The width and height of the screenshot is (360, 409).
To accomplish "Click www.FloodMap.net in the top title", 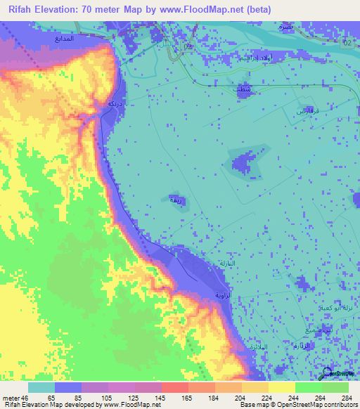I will (x=211, y=8).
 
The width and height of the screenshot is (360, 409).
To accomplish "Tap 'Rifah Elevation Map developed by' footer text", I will (x=48, y=405).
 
